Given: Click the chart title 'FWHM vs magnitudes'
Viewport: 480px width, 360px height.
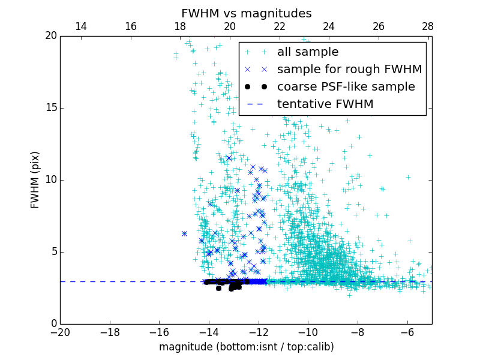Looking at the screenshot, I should click(x=246, y=13).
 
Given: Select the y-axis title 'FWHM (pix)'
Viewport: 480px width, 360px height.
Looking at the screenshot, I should click(x=35, y=179).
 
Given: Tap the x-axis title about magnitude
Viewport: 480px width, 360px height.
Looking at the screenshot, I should click(x=246, y=347).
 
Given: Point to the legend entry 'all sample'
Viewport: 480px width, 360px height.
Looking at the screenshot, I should click(x=308, y=52).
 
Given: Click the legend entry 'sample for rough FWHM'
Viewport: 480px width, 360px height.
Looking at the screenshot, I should click(x=349, y=70).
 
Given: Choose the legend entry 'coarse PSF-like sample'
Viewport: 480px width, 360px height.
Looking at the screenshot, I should click(x=346, y=87).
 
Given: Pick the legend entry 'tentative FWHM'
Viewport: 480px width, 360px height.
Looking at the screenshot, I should click(x=325, y=104).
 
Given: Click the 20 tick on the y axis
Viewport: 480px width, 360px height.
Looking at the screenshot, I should click(x=50, y=36).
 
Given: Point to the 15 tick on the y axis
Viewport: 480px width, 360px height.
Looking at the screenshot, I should click(x=50, y=108).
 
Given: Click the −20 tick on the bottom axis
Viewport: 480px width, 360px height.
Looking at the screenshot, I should click(x=60, y=332).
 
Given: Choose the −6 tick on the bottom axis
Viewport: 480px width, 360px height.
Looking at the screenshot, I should click(x=407, y=332).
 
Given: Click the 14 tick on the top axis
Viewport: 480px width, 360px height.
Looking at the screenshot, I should click(x=81, y=26).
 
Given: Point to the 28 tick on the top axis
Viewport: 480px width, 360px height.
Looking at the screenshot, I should click(x=428, y=26).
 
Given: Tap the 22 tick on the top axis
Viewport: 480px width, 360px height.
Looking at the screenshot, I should click(x=279, y=26).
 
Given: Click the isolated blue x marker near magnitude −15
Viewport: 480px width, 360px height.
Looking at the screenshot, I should click(x=184, y=233).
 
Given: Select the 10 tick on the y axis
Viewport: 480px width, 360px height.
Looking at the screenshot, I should click(x=50, y=180).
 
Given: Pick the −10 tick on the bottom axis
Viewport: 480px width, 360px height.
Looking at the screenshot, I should click(x=308, y=332).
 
